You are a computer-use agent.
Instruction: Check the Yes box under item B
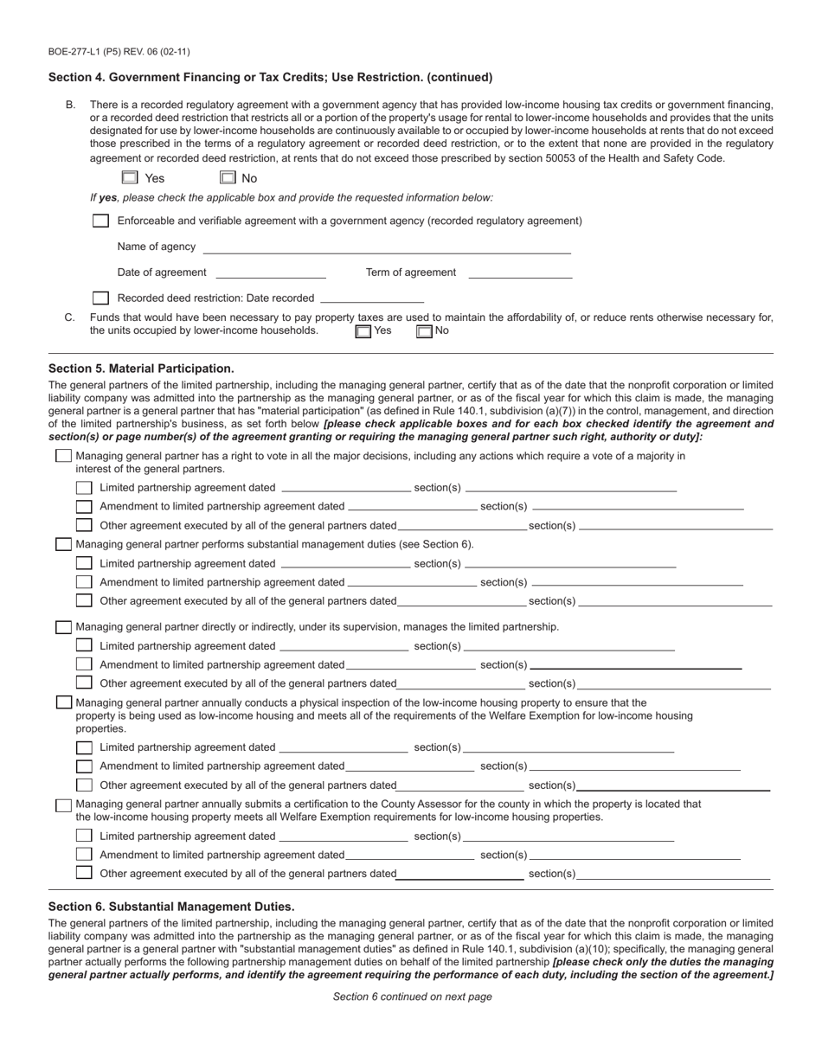130,177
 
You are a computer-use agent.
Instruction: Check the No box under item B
228,177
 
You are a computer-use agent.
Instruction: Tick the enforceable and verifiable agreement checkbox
100,221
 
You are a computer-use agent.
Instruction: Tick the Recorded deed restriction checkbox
100,298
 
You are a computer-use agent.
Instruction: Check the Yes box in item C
363,330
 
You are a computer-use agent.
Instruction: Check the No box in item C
424,330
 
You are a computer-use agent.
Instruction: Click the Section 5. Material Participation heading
141,369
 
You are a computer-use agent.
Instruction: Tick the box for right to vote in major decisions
63,456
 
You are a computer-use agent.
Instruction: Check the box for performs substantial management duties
63,544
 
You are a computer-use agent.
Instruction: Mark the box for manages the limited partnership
63,626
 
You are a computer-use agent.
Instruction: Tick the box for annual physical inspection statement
63,702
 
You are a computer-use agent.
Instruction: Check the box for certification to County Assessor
63,804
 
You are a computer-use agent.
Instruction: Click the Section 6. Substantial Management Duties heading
171,907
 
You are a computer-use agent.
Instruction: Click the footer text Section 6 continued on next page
412,997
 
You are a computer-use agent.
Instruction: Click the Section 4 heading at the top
270,77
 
